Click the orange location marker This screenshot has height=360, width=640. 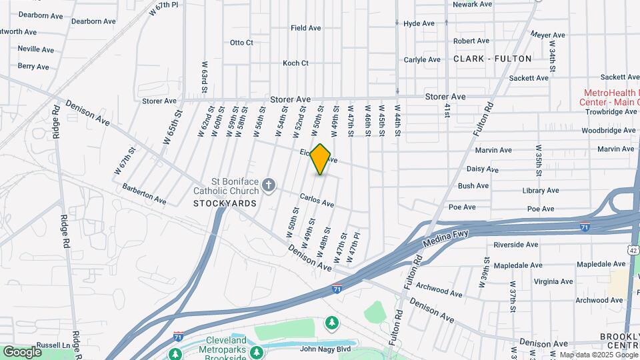click(x=321, y=159)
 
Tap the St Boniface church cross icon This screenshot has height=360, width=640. click(x=269, y=185)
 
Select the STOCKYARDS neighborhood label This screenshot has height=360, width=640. click(x=225, y=203)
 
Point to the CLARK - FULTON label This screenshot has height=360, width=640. click(x=492, y=59)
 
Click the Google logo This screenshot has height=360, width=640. click(x=22, y=351)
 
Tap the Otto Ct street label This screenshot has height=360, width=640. click(x=241, y=43)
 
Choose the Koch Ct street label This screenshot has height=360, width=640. click(x=295, y=63)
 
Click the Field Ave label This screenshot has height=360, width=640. click(x=307, y=28)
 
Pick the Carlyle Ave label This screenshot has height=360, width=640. click(x=422, y=59)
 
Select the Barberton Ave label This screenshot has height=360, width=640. click(x=145, y=193)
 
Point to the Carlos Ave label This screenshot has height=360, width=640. click(x=317, y=199)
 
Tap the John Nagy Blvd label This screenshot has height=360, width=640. click(x=325, y=348)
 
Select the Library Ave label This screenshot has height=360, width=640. click(x=540, y=191)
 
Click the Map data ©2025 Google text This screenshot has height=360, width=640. click(x=598, y=355)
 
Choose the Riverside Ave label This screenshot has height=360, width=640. click(x=515, y=245)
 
